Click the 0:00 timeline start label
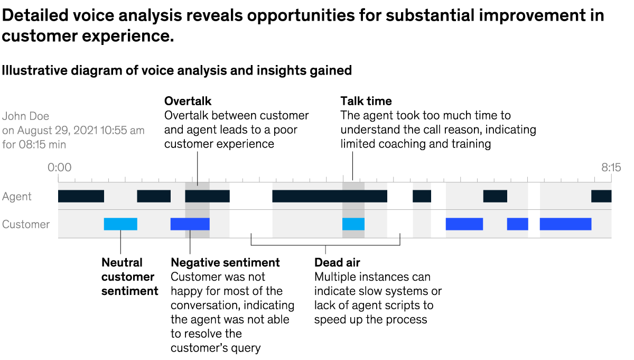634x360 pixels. (x=59, y=168)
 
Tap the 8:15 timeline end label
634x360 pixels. (x=611, y=168)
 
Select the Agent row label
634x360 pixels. (x=17, y=197)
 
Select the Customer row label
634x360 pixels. (x=26, y=224)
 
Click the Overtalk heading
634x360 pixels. (x=188, y=101)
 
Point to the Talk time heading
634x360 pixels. (x=366, y=101)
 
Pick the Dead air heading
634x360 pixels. (x=337, y=263)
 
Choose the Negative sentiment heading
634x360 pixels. (x=225, y=263)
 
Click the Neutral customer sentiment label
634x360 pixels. (x=129, y=276)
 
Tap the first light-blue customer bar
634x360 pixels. (x=120, y=224)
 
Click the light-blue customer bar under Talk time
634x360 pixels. (x=353, y=224)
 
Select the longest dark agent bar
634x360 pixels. (x=330, y=196)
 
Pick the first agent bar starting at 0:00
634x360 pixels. (x=81, y=196)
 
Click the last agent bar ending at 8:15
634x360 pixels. (x=601, y=196)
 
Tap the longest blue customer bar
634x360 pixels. (x=565, y=224)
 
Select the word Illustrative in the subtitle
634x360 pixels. (x=32, y=70)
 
